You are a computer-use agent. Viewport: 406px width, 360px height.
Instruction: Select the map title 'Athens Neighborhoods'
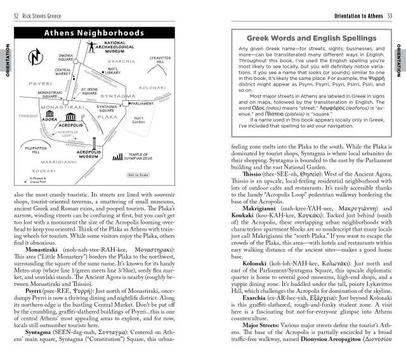click(93, 33)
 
